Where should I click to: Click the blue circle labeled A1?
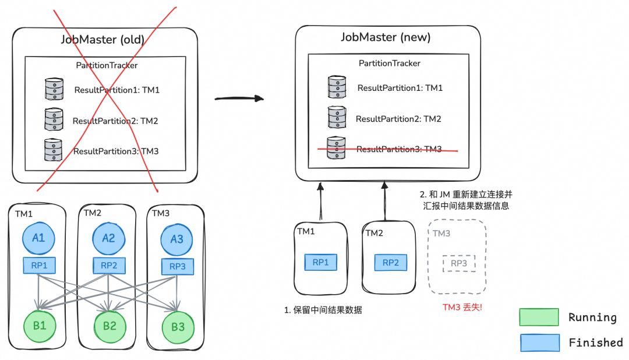pos(39,238)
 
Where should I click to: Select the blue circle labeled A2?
pos(108,238)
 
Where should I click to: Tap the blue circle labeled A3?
pos(176,239)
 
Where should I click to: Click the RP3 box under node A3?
pos(176,266)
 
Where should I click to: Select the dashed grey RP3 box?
pos(459,263)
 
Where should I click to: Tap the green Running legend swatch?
pos(539,317)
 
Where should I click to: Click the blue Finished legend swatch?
pos(539,343)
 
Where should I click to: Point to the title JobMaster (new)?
pos(386,38)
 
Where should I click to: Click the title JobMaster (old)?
pos(103,40)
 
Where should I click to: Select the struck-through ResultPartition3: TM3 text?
pos(399,149)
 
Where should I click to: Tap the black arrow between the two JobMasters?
pos(239,98)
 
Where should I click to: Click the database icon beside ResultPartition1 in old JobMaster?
pos(54,90)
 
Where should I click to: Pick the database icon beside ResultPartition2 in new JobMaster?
pos(337,118)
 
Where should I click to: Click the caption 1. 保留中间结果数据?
pos(323,310)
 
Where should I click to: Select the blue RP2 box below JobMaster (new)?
pos(390,263)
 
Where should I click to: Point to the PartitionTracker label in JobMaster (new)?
pos(389,63)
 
